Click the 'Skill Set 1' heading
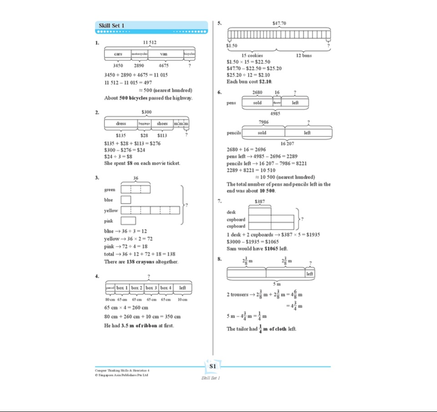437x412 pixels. click(112, 26)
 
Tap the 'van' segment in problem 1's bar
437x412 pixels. click(163, 54)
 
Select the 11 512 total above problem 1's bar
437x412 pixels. click(149, 42)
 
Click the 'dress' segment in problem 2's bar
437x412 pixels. click(121, 124)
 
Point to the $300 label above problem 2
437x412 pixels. click(147, 112)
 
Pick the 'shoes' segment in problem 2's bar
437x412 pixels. click(163, 124)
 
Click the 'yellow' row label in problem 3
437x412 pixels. click(111, 211)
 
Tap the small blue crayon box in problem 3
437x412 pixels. click(126, 200)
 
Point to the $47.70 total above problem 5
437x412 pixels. click(279, 23)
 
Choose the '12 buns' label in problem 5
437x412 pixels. click(305, 55)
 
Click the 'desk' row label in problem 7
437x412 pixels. click(231, 212)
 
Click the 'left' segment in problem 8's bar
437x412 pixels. click(310, 273)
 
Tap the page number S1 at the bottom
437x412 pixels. click(213, 366)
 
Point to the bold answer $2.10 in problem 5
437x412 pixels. click(265, 82)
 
